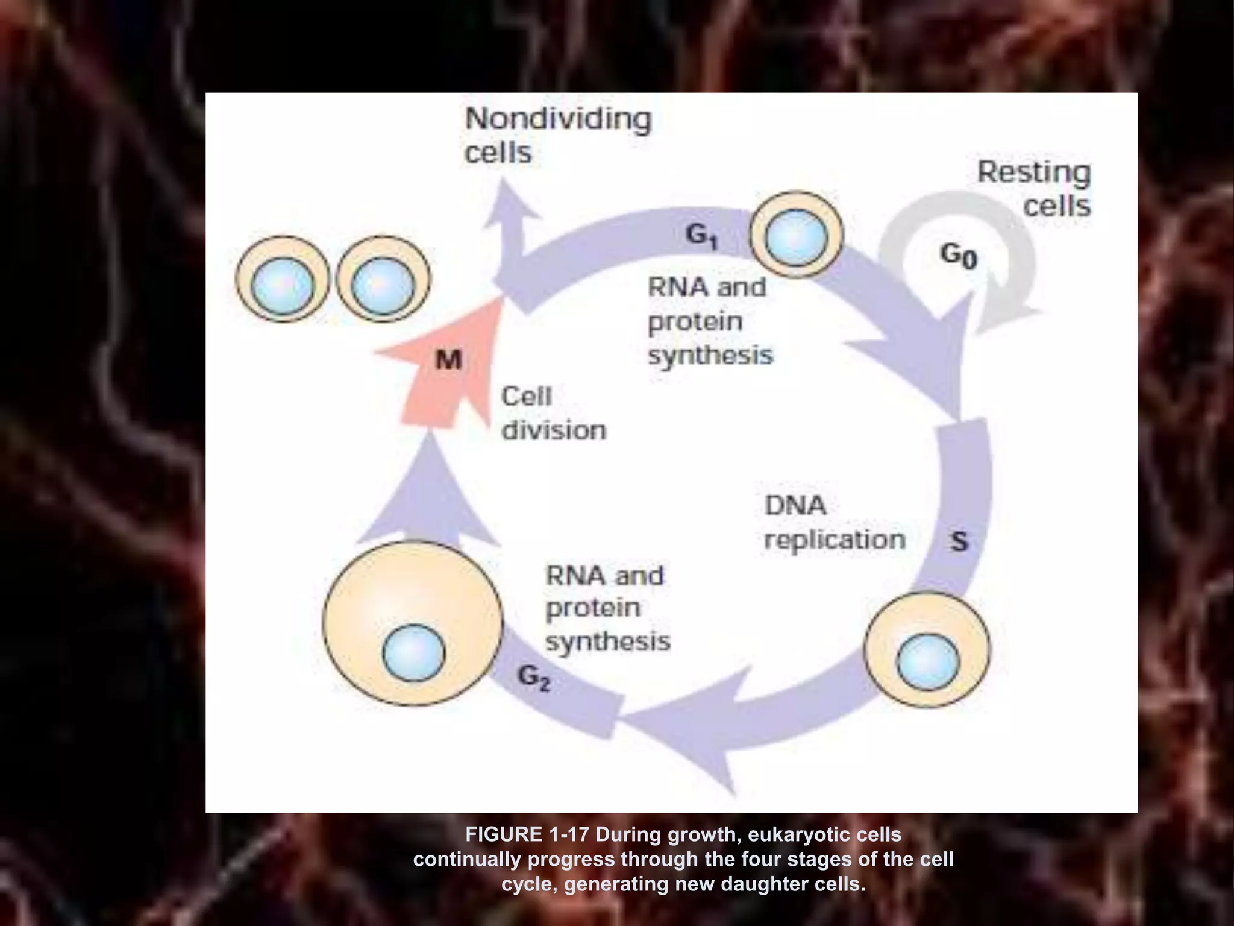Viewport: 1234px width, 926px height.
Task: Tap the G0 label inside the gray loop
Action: [x=959, y=256]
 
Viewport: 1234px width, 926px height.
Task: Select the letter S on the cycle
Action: [x=959, y=541]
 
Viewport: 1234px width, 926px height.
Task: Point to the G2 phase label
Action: [x=534, y=679]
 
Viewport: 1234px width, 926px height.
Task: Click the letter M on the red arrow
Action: [x=448, y=361]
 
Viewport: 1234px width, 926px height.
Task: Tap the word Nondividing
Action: [x=558, y=119]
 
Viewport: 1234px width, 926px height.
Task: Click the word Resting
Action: [x=1033, y=172]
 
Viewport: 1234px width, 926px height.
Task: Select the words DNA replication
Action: [x=834, y=523]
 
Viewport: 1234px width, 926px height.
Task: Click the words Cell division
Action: [x=553, y=414]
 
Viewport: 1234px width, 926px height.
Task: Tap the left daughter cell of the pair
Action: [x=283, y=279]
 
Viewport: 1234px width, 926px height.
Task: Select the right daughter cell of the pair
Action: [x=383, y=279]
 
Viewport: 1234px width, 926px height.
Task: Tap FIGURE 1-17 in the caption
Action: [x=528, y=834]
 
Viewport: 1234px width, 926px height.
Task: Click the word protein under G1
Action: [x=695, y=321]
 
